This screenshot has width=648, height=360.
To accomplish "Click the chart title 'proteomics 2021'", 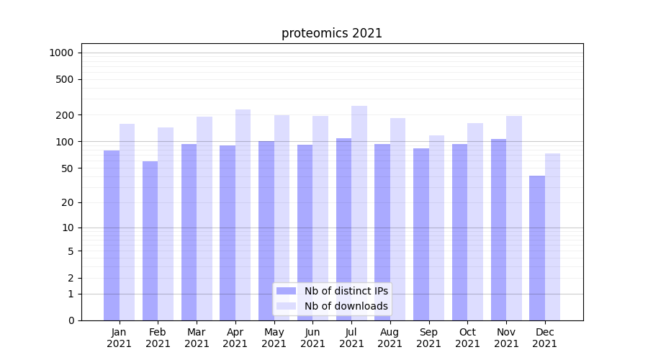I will [x=331, y=33].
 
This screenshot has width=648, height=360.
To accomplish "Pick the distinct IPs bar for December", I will [x=537, y=248].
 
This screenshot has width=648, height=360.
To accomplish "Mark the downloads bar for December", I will [x=552, y=237].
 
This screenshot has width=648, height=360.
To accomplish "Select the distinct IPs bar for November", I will [x=498, y=230].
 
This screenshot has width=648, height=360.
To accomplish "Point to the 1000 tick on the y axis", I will [x=61, y=53].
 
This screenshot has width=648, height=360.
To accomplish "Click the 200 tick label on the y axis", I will [x=66, y=115].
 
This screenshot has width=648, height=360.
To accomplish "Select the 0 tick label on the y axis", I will [x=71, y=320].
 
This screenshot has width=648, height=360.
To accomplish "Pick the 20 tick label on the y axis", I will [x=68, y=202].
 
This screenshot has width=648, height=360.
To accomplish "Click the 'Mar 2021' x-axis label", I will [x=197, y=338].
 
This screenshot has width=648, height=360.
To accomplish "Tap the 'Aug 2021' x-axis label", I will [x=390, y=338].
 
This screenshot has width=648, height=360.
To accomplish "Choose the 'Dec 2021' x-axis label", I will [x=544, y=338].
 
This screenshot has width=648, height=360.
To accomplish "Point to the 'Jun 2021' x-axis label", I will [x=312, y=338].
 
